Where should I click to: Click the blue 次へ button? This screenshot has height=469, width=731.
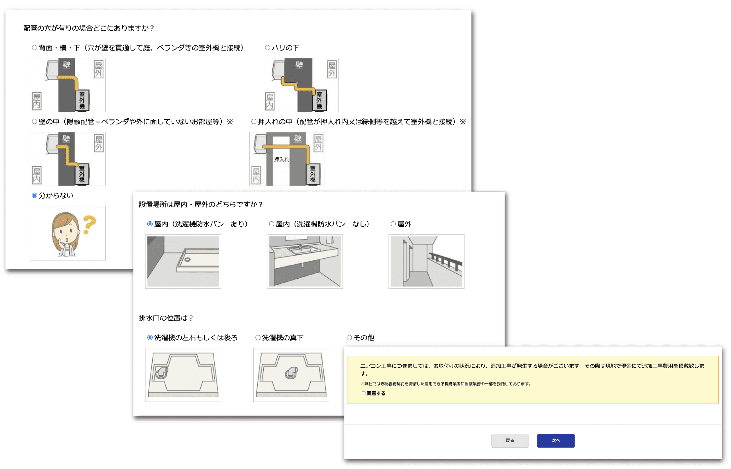click(x=556, y=441)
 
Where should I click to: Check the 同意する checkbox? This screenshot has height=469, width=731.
click(x=364, y=393)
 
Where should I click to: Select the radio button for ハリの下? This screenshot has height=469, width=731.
click(x=267, y=48)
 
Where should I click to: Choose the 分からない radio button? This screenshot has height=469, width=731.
click(x=34, y=195)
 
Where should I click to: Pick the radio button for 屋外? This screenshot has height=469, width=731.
click(x=393, y=224)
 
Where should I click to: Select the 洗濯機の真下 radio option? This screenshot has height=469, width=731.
click(x=258, y=338)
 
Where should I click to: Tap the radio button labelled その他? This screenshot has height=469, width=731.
click(x=349, y=338)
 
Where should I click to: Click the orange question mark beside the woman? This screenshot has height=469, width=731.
click(x=90, y=224)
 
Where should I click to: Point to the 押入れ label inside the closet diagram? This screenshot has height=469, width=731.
click(x=281, y=159)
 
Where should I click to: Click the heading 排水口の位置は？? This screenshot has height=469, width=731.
click(x=166, y=318)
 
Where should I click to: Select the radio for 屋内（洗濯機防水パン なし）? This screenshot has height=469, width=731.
click(x=272, y=224)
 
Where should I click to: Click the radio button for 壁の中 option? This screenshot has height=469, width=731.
click(x=34, y=122)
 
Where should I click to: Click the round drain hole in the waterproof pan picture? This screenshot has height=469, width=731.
click(x=188, y=260)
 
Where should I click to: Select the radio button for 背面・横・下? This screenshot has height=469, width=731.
click(x=34, y=48)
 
